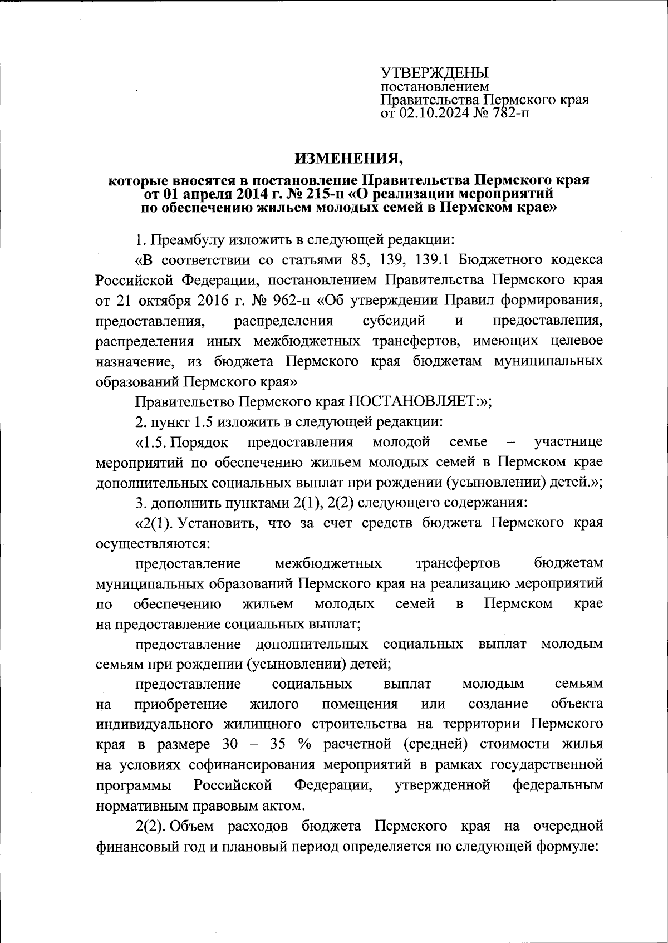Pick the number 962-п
pyautogui.click(x=291, y=301)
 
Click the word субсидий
pyautogui.click(x=394, y=321)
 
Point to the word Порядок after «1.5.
pyautogui.click(x=199, y=442)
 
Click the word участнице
pyautogui.click(x=567, y=442)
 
